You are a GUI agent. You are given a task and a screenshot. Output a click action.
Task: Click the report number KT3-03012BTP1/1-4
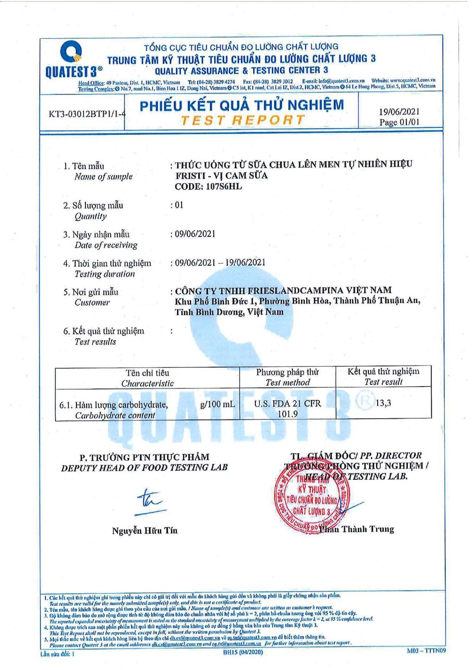(x=87, y=114)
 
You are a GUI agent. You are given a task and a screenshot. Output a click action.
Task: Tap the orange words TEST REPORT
(x=242, y=120)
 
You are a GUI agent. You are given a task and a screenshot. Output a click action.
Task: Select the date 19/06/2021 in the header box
(x=399, y=112)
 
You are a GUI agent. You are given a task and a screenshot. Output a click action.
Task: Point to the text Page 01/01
(x=399, y=122)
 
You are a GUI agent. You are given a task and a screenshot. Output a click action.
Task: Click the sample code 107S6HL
(x=223, y=187)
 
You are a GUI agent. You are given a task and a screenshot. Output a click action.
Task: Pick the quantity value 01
(x=179, y=205)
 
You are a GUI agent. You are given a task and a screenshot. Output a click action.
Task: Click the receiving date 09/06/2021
(x=195, y=234)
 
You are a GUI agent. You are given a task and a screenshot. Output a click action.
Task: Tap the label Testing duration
(x=105, y=274)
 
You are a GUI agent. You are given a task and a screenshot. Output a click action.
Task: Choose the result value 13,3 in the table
(x=383, y=403)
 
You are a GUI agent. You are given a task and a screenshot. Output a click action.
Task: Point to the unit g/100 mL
(x=217, y=404)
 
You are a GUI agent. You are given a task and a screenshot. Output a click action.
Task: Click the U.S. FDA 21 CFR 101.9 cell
(x=287, y=409)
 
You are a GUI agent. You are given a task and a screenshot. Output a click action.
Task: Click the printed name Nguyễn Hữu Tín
(x=145, y=530)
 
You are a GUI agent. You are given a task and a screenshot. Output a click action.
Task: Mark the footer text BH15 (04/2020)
(x=243, y=652)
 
